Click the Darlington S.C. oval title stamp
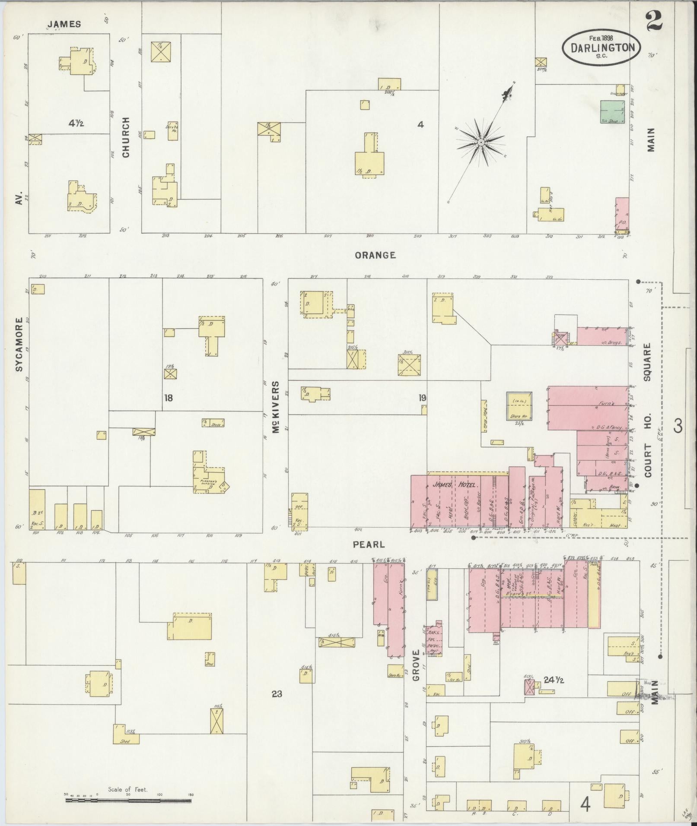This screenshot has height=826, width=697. point(601,47)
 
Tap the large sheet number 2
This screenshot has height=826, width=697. point(655,22)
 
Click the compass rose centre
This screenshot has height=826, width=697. point(481,142)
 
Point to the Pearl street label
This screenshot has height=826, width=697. point(369,544)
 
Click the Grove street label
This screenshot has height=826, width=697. point(416,665)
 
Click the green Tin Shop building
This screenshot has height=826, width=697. point(612,113)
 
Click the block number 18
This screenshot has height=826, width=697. point(169,397)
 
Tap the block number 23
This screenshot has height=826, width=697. point(277,694)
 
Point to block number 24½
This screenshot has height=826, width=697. point(554,680)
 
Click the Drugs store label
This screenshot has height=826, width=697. point(614,342)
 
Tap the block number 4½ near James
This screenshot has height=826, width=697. point(76,123)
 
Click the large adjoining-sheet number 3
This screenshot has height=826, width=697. point(678,426)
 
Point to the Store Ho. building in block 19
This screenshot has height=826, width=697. point(519,406)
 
